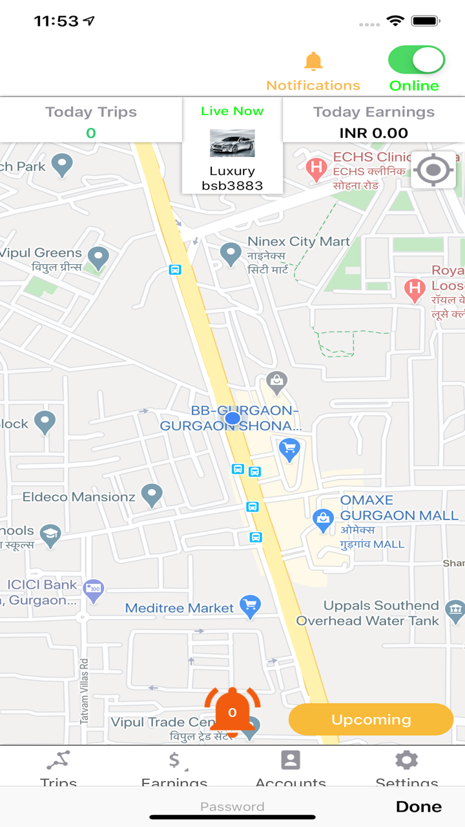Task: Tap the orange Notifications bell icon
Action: pos(313,61)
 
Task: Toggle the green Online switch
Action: pos(416,60)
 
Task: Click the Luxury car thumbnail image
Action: pos(232,143)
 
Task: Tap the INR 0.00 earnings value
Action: pos(373,133)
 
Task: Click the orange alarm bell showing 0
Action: pos(232,712)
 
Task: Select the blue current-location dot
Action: pos(232,419)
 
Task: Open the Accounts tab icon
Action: pos(291,760)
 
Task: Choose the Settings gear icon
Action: pos(406,760)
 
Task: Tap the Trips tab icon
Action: pos(58,760)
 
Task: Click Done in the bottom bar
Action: pos(418,806)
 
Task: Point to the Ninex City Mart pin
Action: pos(231,254)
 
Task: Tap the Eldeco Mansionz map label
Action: pos(79,497)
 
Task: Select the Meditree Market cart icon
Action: pos(250,606)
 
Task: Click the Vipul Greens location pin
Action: pos(98,257)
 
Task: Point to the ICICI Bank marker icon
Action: pos(94,589)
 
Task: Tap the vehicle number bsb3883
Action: pos(232,186)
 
